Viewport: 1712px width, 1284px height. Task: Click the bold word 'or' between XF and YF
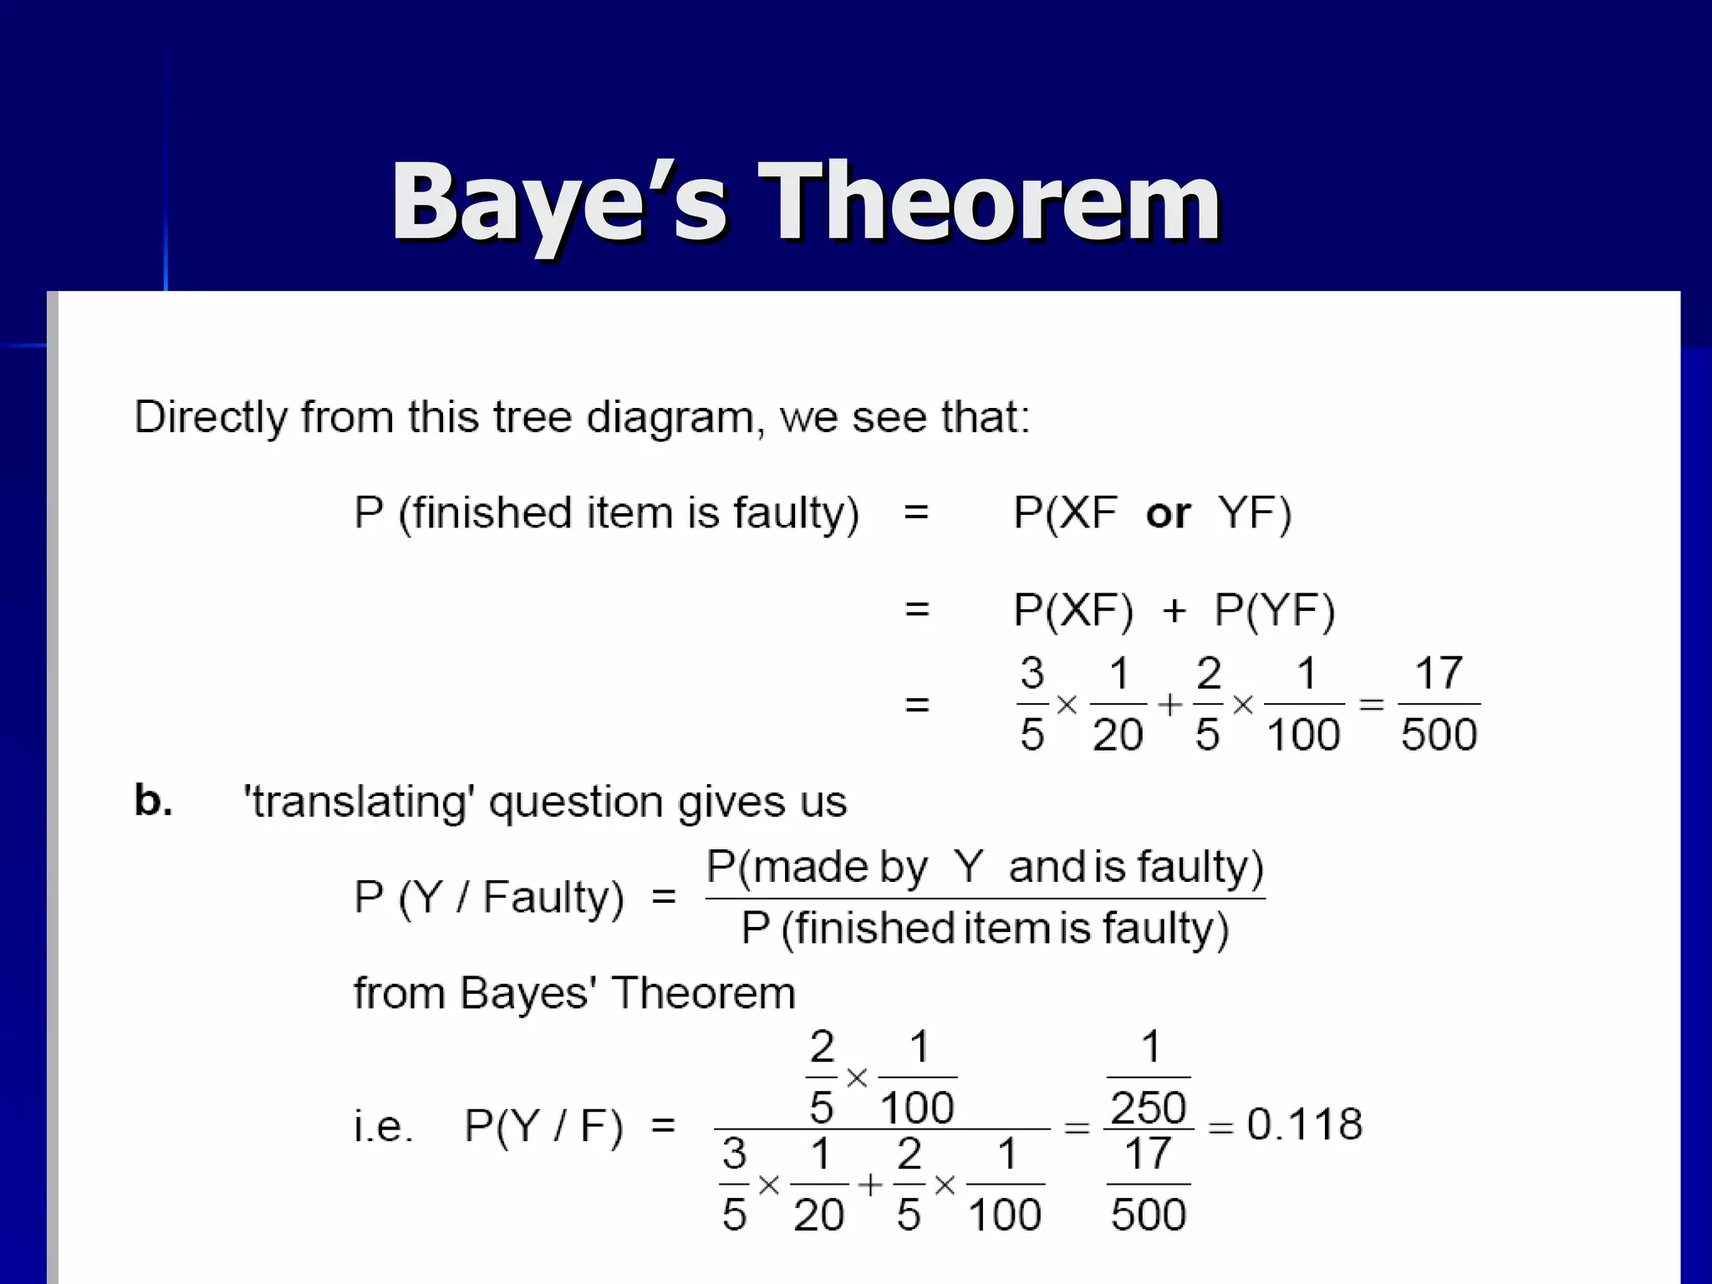click(1168, 513)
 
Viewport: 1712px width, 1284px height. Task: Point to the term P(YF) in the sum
click(1274, 609)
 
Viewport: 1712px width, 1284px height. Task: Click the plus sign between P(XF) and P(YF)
click(1174, 611)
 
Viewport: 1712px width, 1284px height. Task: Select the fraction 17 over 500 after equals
click(1439, 704)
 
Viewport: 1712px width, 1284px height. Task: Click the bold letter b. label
click(154, 800)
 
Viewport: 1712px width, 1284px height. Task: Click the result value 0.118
click(1304, 1124)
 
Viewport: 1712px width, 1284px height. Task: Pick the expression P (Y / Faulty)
click(489, 898)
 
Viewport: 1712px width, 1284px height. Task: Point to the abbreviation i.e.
click(384, 1126)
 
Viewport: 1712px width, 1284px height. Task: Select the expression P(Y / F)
click(543, 1126)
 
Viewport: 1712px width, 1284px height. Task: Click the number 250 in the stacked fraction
click(1149, 1108)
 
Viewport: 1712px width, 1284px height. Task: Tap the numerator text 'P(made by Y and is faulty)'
click(985, 867)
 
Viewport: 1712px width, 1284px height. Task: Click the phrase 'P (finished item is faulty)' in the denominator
click(985, 929)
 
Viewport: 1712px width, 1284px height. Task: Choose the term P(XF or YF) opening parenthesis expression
click(1152, 513)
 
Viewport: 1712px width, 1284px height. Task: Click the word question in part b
click(577, 802)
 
